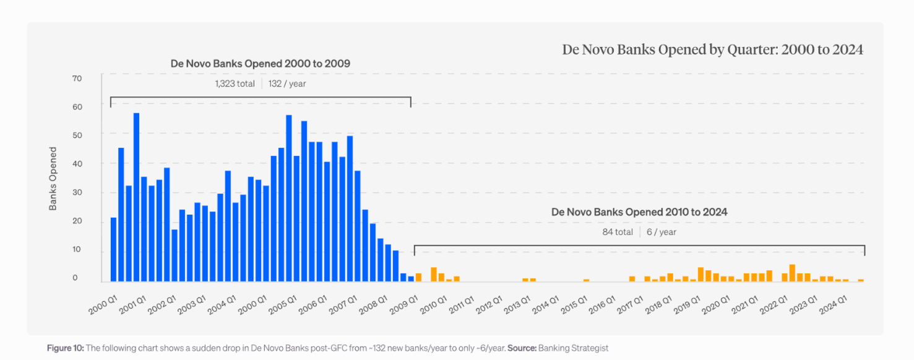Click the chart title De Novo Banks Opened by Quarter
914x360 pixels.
pos(712,49)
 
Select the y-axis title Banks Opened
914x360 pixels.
pos(53,178)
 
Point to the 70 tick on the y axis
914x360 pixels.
pos(77,78)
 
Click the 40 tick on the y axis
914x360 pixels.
pos(77,164)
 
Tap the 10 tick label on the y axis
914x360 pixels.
pos(77,250)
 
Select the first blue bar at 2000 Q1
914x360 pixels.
pos(113,249)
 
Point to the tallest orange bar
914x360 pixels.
pos(792,273)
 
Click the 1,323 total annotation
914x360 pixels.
pos(235,84)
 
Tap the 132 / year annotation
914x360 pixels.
pos(287,84)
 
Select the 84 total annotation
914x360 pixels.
pos(618,232)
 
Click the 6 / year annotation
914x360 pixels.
pos(662,232)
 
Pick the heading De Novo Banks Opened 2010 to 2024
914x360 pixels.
pos(639,212)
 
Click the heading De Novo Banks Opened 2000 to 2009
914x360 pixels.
pos(261,64)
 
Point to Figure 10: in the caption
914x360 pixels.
pos(65,348)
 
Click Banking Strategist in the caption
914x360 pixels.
pos(573,348)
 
